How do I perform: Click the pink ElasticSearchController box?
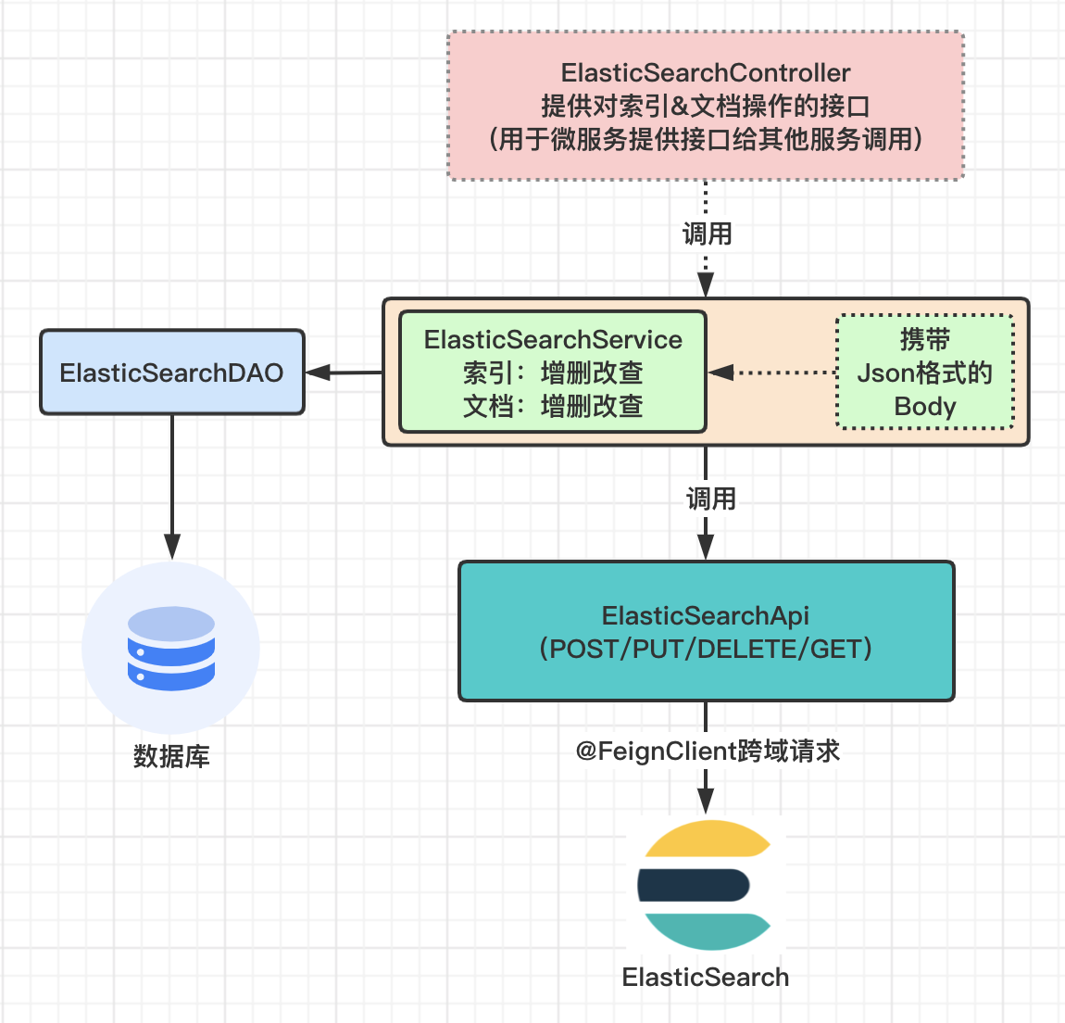click(706, 106)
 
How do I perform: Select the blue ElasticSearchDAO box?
click(172, 373)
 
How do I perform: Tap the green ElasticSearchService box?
click(553, 373)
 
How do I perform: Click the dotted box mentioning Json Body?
click(924, 373)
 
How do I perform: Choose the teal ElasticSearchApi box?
click(706, 631)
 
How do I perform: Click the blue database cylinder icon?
click(171, 649)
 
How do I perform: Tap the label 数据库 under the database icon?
click(171, 756)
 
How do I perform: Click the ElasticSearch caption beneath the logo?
click(706, 977)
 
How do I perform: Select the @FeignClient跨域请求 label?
click(708, 751)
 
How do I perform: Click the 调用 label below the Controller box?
click(708, 234)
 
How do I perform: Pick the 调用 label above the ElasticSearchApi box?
click(710, 499)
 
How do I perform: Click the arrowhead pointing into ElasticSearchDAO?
click(318, 373)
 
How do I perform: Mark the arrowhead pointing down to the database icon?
click(172, 547)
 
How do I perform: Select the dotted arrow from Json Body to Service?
click(778, 373)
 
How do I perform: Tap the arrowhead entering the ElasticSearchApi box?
click(706, 549)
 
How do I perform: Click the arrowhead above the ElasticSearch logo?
click(706, 802)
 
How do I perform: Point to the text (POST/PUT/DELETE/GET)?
click(706, 649)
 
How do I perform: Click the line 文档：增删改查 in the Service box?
click(553, 406)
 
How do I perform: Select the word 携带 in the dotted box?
click(924, 339)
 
